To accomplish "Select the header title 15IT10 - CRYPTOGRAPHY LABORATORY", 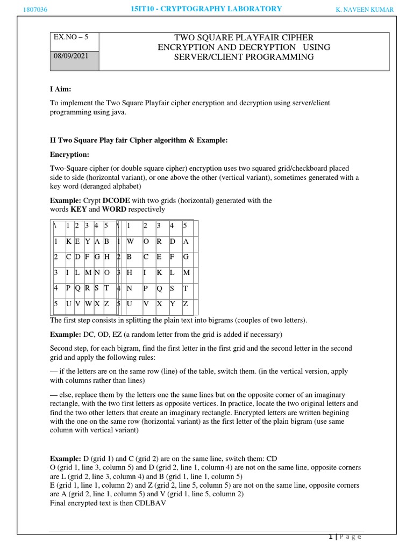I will coord(206,9).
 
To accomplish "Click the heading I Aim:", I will coord(60,88).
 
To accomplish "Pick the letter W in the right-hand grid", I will coord(131,241).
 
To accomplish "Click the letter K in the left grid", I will coord(69,241).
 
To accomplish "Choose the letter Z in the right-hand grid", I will coord(186,304).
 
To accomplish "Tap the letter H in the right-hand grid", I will coord(130,273).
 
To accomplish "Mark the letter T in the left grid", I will coord(106,288).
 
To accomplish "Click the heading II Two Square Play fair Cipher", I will coord(139,140).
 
